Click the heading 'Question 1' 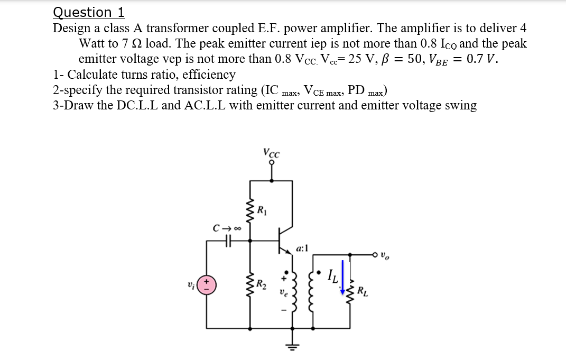pyautogui.click(x=89, y=12)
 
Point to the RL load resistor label pyautogui.click(x=362, y=291)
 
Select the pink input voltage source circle pyautogui.click(x=207, y=286)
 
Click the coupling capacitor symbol pyautogui.click(x=228, y=242)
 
